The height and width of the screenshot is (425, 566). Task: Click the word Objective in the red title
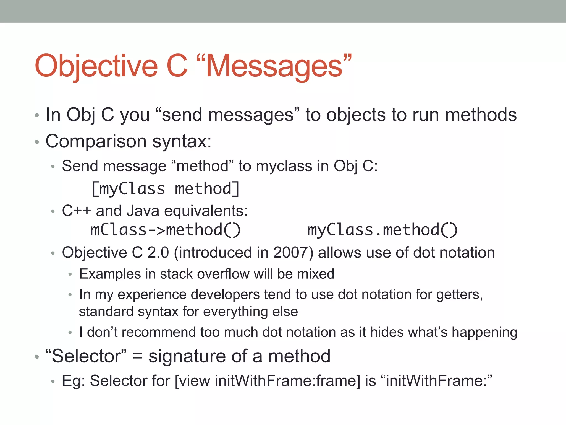[96, 66]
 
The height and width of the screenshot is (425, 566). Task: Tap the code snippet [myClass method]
[165, 189]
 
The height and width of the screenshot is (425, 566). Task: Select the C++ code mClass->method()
[165, 230]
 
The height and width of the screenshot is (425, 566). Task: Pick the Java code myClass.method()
[382, 230]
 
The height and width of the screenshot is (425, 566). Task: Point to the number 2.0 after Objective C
[158, 253]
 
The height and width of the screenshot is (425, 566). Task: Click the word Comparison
[96, 141]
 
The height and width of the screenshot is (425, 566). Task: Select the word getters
[459, 294]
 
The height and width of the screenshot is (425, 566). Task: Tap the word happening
[484, 332]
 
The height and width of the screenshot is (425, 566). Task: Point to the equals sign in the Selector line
[138, 356]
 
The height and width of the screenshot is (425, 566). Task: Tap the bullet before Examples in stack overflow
[70, 274]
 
